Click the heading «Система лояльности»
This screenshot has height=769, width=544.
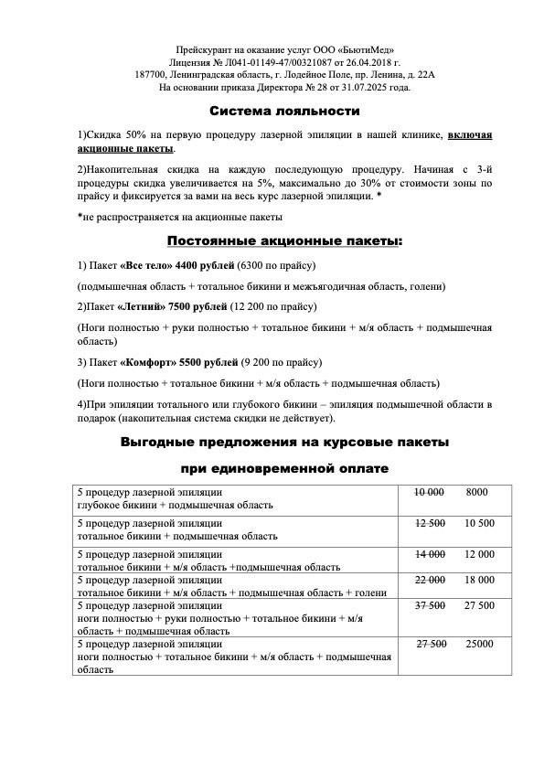[x=284, y=111]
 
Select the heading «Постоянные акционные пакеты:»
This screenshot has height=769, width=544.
[x=284, y=241]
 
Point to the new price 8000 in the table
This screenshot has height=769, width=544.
[x=476, y=493]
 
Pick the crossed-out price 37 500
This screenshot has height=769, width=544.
[x=429, y=605]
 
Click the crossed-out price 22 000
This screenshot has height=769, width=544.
[x=430, y=580]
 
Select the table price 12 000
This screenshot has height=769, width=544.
[x=480, y=554]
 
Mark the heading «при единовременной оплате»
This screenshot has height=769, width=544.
[x=284, y=469]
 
